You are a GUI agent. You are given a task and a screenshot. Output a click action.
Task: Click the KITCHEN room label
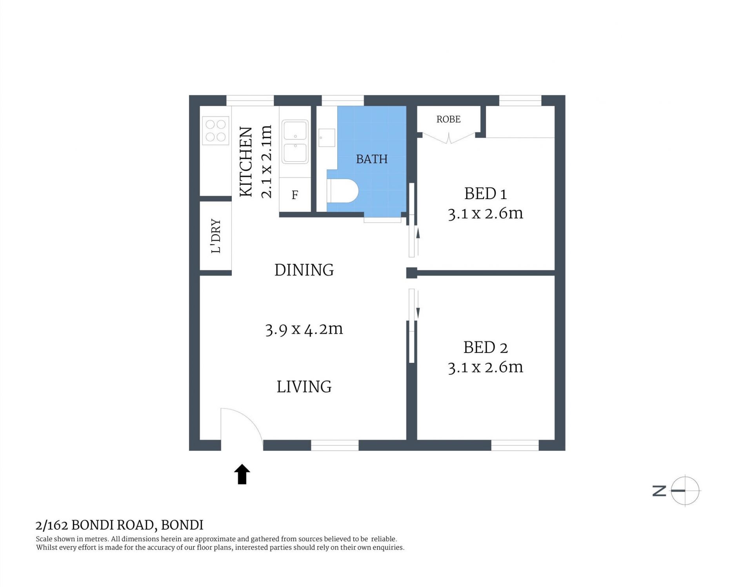click(x=246, y=161)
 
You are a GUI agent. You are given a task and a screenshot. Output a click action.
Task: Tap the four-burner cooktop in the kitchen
click(x=216, y=131)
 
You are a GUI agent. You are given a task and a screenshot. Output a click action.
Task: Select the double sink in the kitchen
click(x=295, y=142)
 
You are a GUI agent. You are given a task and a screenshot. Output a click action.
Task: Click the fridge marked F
click(x=295, y=195)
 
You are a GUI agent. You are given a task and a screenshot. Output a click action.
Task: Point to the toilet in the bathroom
click(x=342, y=191)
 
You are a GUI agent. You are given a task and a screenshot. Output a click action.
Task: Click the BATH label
click(x=372, y=159)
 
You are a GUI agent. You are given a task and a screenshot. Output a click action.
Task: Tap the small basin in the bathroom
click(x=327, y=138)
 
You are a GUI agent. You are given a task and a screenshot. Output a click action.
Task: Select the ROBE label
click(x=448, y=119)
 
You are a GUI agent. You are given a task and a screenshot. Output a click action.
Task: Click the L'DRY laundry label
click(x=216, y=236)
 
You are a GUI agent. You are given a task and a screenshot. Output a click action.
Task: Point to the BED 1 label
click(x=486, y=194)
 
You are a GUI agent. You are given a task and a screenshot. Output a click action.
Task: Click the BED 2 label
click(x=486, y=347)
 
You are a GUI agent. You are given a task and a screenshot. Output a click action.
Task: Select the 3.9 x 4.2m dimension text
click(x=304, y=329)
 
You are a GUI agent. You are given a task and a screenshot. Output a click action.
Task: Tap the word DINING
click(x=304, y=270)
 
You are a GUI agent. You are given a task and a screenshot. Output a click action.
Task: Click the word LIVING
click(x=304, y=387)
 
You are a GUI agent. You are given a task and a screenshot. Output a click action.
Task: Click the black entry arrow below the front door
click(x=242, y=474)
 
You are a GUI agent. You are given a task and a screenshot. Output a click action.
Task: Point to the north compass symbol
click(x=677, y=491)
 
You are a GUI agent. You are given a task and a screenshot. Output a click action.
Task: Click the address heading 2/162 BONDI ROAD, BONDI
click(x=120, y=525)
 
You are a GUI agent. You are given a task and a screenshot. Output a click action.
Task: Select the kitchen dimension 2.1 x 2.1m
click(x=266, y=161)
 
